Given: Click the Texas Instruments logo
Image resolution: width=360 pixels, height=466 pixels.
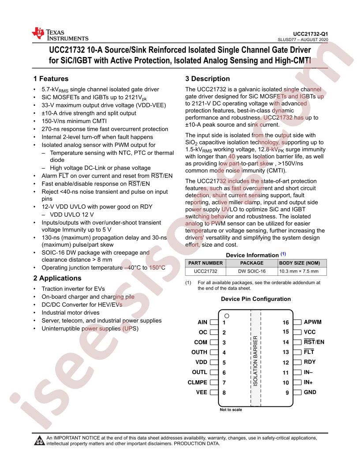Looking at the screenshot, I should click(x=60, y=35).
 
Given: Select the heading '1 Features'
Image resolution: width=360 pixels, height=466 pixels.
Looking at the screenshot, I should click(x=51, y=79).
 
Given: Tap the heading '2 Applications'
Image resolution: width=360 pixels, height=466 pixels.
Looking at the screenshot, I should click(x=57, y=278).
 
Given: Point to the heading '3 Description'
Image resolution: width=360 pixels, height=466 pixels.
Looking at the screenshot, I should click(x=207, y=79).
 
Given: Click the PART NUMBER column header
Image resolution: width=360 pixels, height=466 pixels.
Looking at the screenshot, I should click(x=206, y=263).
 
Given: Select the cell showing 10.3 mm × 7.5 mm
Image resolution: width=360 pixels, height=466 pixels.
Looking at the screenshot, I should click(x=298, y=271).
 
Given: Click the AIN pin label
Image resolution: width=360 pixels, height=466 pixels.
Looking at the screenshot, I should click(x=202, y=323).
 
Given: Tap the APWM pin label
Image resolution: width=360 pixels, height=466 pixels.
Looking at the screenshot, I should click(x=313, y=323).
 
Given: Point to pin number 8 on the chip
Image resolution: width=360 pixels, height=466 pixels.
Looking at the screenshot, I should click(x=224, y=392).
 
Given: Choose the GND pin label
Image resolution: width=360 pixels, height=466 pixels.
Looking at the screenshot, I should click(x=310, y=392).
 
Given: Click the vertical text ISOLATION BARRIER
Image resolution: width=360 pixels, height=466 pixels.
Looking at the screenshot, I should click(x=255, y=361).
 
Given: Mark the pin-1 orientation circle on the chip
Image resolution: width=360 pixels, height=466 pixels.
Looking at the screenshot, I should click(x=227, y=316).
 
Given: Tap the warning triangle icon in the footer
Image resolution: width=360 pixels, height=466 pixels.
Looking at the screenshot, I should click(x=40, y=441).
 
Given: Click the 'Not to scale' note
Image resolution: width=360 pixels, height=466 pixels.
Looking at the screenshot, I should click(x=231, y=410).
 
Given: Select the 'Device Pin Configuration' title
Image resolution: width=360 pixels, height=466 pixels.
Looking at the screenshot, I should click(x=256, y=299).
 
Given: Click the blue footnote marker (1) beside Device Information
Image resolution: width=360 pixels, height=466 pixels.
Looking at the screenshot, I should click(x=283, y=254).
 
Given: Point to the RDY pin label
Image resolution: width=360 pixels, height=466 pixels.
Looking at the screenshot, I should click(x=310, y=362).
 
